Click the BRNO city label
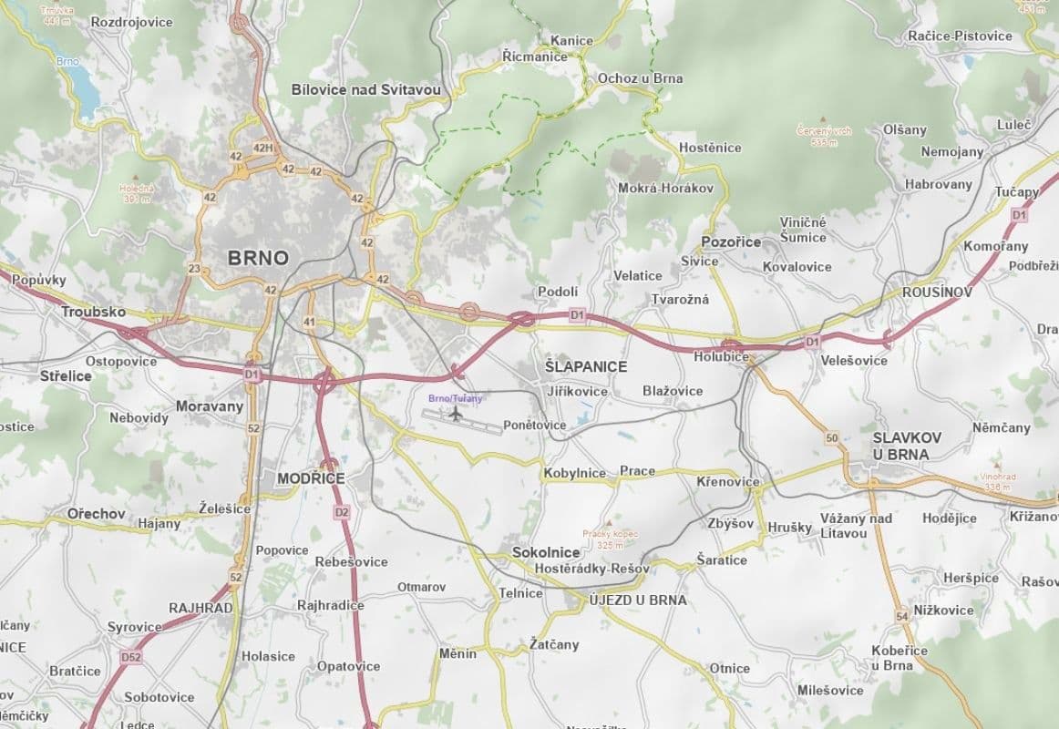pos(258,258)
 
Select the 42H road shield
pos(263,149)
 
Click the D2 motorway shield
pos(342,512)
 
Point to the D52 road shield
pos(131,656)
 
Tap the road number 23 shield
pos(194,269)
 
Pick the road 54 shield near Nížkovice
pos(902,617)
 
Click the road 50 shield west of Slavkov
pos(831,438)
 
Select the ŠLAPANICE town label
pos(586,366)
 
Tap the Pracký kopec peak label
pos(611,539)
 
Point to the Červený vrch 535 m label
pos(823,136)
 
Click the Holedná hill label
pos(137,193)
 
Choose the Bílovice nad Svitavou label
pos(365,89)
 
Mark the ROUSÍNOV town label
pos(937,293)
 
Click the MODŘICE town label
pos(311,478)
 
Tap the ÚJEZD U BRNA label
pos(638,600)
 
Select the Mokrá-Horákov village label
pos(665,188)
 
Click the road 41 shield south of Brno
pos(310,322)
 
